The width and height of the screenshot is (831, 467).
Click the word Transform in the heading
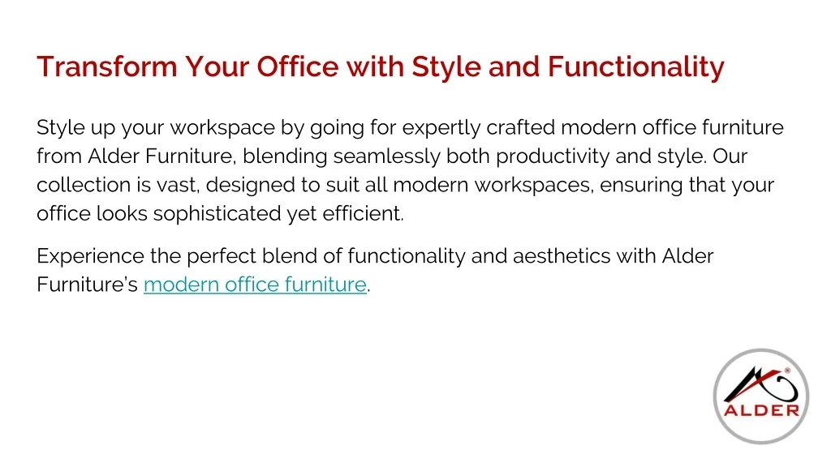tap(106, 66)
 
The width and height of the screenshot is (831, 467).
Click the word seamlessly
tap(386, 157)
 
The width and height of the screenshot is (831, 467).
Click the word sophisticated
tap(217, 214)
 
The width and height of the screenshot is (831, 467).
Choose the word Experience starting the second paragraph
tap(90, 257)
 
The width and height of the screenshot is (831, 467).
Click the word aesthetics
tap(562, 256)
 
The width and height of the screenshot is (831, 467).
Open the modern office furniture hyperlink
tap(255, 285)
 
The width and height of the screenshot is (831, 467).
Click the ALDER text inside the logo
tap(761, 410)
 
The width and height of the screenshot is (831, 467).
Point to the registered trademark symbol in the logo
tap(787, 371)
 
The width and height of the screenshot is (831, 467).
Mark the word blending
tap(285, 157)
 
